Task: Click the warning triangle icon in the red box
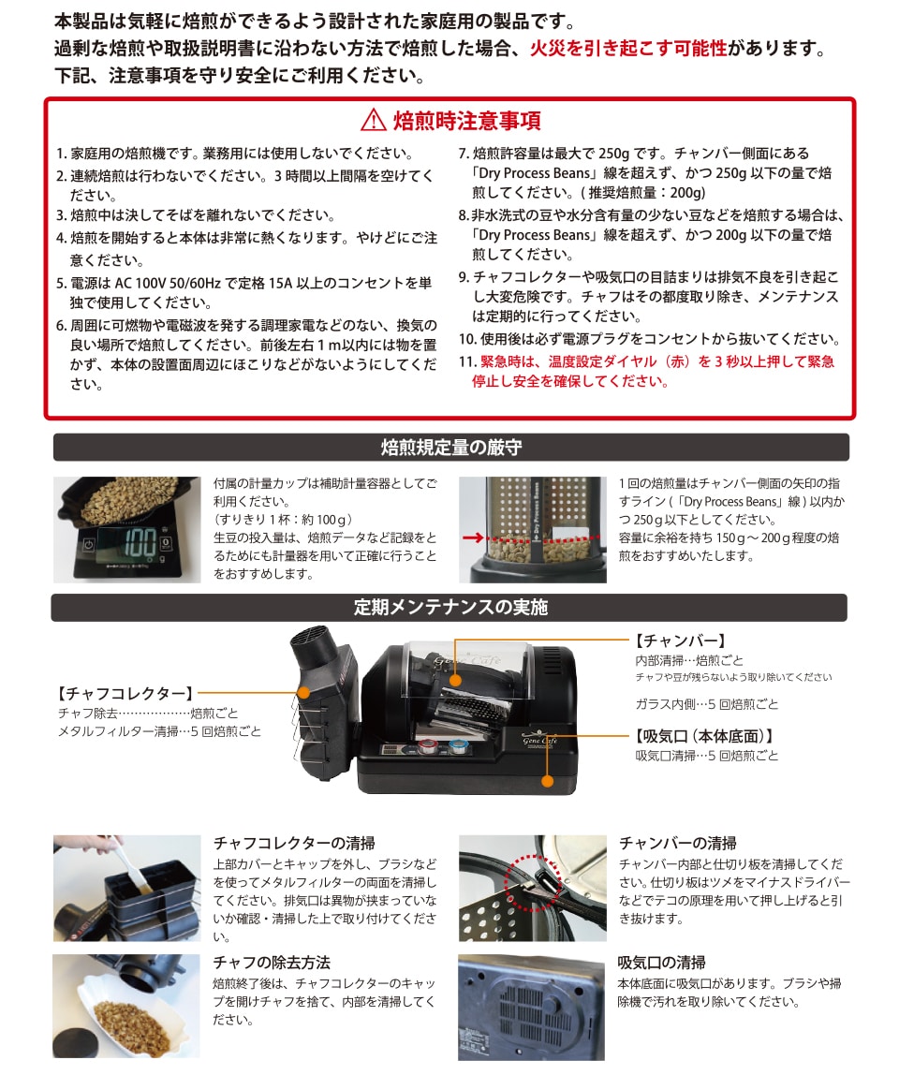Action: (373, 120)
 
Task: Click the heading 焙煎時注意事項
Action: (467, 121)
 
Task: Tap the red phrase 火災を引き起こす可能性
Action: (628, 48)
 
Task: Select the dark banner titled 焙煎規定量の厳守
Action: (451, 447)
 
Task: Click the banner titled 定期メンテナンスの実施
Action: (449, 608)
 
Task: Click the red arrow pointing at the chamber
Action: (473, 537)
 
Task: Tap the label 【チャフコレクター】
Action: (126, 693)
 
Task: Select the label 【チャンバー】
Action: (680, 641)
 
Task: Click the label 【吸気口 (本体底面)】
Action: (704, 736)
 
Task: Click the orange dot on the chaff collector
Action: (303, 693)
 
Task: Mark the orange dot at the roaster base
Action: (547, 781)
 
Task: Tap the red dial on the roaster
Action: (427, 746)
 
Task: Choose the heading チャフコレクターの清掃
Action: (294, 843)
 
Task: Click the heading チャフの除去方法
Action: (272, 962)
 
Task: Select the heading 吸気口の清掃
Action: (662, 962)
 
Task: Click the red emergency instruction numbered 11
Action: (647, 371)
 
